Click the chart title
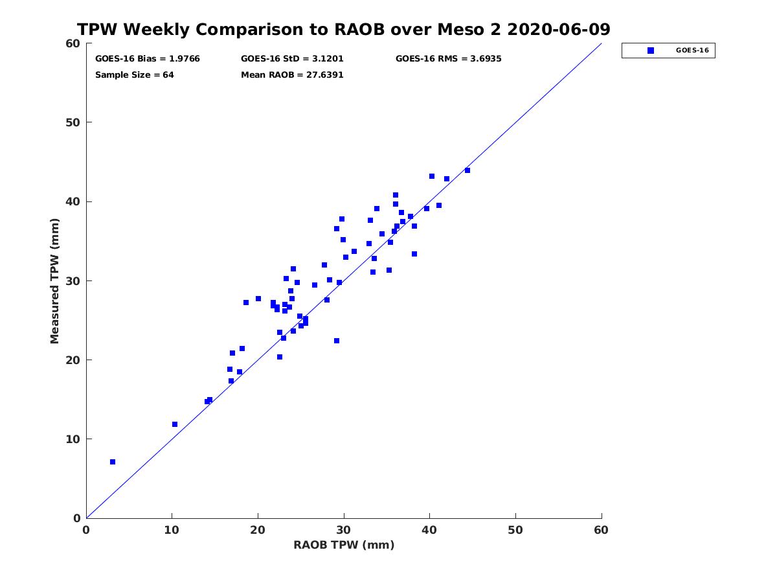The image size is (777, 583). click(x=343, y=29)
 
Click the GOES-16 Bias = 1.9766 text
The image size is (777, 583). click(x=147, y=59)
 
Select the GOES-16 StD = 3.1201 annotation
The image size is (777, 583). click(x=292, y=59)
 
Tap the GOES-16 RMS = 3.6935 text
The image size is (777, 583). click(x=448, y=59)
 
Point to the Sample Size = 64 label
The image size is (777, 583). click(x=135, y=75)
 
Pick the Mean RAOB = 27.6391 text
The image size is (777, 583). click(x=292, y=75)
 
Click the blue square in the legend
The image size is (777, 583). click(x=650, y=51)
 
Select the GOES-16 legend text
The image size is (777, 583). click(x=692, y=51)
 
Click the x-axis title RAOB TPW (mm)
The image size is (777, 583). click(x=343, y=545)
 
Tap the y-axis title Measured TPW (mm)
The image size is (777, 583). click(x=54, y=280)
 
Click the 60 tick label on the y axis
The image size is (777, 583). click(x=74, y=43)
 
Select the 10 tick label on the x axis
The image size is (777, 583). click(x=172, y=530)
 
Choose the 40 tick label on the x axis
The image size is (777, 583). click(x=429, y=530)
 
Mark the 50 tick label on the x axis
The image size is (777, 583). click(x=515, y=530)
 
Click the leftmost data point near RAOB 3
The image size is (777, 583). click(x=113, y=462)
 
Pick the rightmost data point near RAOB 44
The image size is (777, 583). click(x=467, y=170)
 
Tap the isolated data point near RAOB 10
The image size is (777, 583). click(x=175, y=424)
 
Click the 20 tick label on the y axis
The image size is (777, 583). click(x=74, y=360)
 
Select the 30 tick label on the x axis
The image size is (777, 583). click(x=343, y=530)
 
